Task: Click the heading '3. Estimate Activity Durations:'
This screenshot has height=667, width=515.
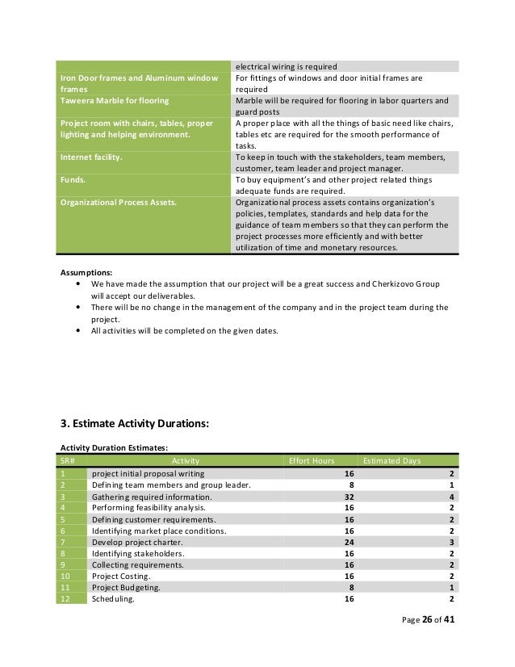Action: tap(135, 421)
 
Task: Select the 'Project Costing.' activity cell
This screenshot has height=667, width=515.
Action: tap(120, 577)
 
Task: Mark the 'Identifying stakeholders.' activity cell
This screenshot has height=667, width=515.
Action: tap(137, 554)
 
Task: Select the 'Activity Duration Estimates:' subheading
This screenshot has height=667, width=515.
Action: tap(112, 446)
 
